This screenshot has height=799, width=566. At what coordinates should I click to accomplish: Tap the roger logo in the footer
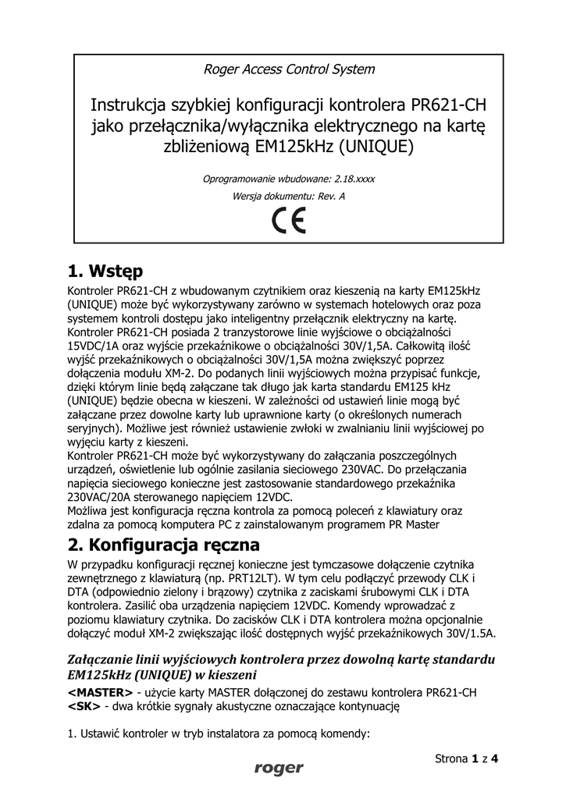coord(278,769)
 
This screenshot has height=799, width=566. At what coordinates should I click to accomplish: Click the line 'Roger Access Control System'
coord(288,69)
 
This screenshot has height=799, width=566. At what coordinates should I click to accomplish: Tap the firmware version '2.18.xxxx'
coord(349,179)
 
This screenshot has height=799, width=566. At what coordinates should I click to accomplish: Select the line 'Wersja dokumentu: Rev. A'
coord(288,196)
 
